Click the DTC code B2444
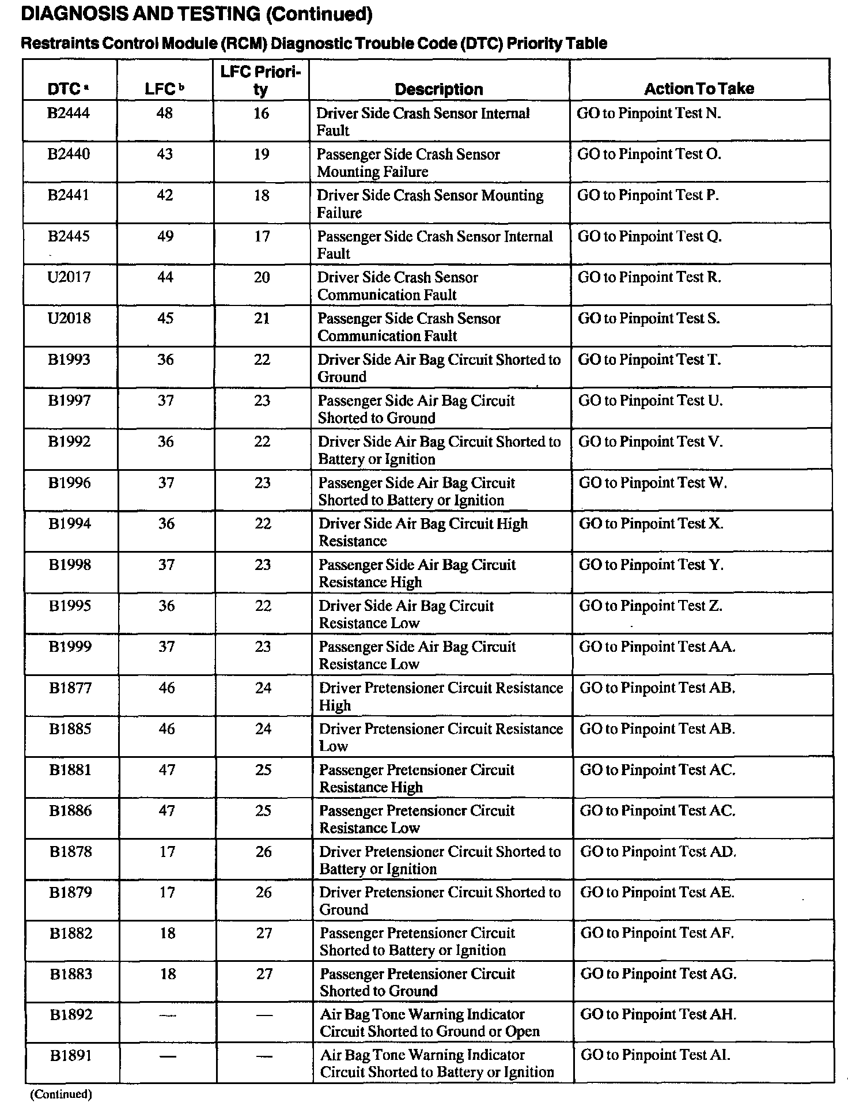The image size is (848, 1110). point(69,113)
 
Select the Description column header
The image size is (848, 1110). point(439,89)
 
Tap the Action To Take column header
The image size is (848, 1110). point(699,89)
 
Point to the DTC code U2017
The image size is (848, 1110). point(69,277)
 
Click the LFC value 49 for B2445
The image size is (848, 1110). point(165,236)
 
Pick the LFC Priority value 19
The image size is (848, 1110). point(262,154)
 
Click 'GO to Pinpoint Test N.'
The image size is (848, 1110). point(649,114)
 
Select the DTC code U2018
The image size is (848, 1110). point(69,318)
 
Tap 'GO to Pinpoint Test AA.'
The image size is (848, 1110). point(657,647)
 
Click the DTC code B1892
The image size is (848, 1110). point(71,1014)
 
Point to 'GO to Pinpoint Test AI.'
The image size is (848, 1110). point(656,1055)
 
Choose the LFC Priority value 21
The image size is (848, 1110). point(262,318)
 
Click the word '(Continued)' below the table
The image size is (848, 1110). point(60,1094)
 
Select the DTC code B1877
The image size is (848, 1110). point(70,688)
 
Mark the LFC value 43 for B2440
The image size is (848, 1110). point(165,154)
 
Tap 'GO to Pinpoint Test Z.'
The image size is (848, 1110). point(650,606)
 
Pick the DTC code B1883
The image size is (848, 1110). point(71,974)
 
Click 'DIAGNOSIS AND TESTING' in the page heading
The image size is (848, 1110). point(140,14)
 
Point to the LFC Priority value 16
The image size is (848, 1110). point(262,114)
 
